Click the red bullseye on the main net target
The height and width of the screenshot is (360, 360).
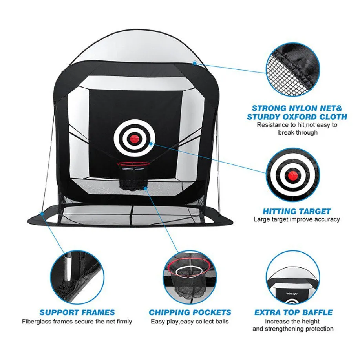click(x=135, y=138)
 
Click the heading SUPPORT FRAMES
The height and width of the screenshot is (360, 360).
click(x=77, y=313)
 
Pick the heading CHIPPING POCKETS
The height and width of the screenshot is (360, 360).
click(x=190, y=313)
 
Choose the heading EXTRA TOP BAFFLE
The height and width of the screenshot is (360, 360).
click(x=294, y=313)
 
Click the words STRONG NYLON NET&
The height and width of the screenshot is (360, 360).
click(x=297, y=108)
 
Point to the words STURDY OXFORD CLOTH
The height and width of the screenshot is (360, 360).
click(x=297, y=117)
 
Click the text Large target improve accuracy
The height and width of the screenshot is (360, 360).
click(x=297, y=219)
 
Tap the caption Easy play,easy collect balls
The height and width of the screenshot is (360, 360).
click(x=190, y=322)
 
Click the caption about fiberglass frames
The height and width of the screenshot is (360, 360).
click(x=77, y=322)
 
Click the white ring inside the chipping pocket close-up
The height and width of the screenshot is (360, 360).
click(x=190, y=272)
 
